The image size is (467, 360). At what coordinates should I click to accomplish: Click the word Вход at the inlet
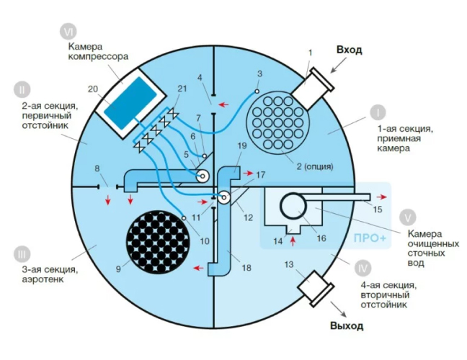click(x=349, y=50)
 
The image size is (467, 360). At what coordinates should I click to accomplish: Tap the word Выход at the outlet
click(x=347, y=325)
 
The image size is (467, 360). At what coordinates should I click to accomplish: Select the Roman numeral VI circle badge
click(x=68, y=33)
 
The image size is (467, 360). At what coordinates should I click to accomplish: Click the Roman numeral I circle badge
click(x=377, y=114)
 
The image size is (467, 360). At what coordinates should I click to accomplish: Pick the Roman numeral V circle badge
click(x=409, y=215)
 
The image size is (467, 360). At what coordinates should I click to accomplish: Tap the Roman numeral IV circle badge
click(x=363, y=267)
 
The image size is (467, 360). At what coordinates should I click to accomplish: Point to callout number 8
click(x=97, y=168)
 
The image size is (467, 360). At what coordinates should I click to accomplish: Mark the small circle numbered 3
click(x=257, y=91)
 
